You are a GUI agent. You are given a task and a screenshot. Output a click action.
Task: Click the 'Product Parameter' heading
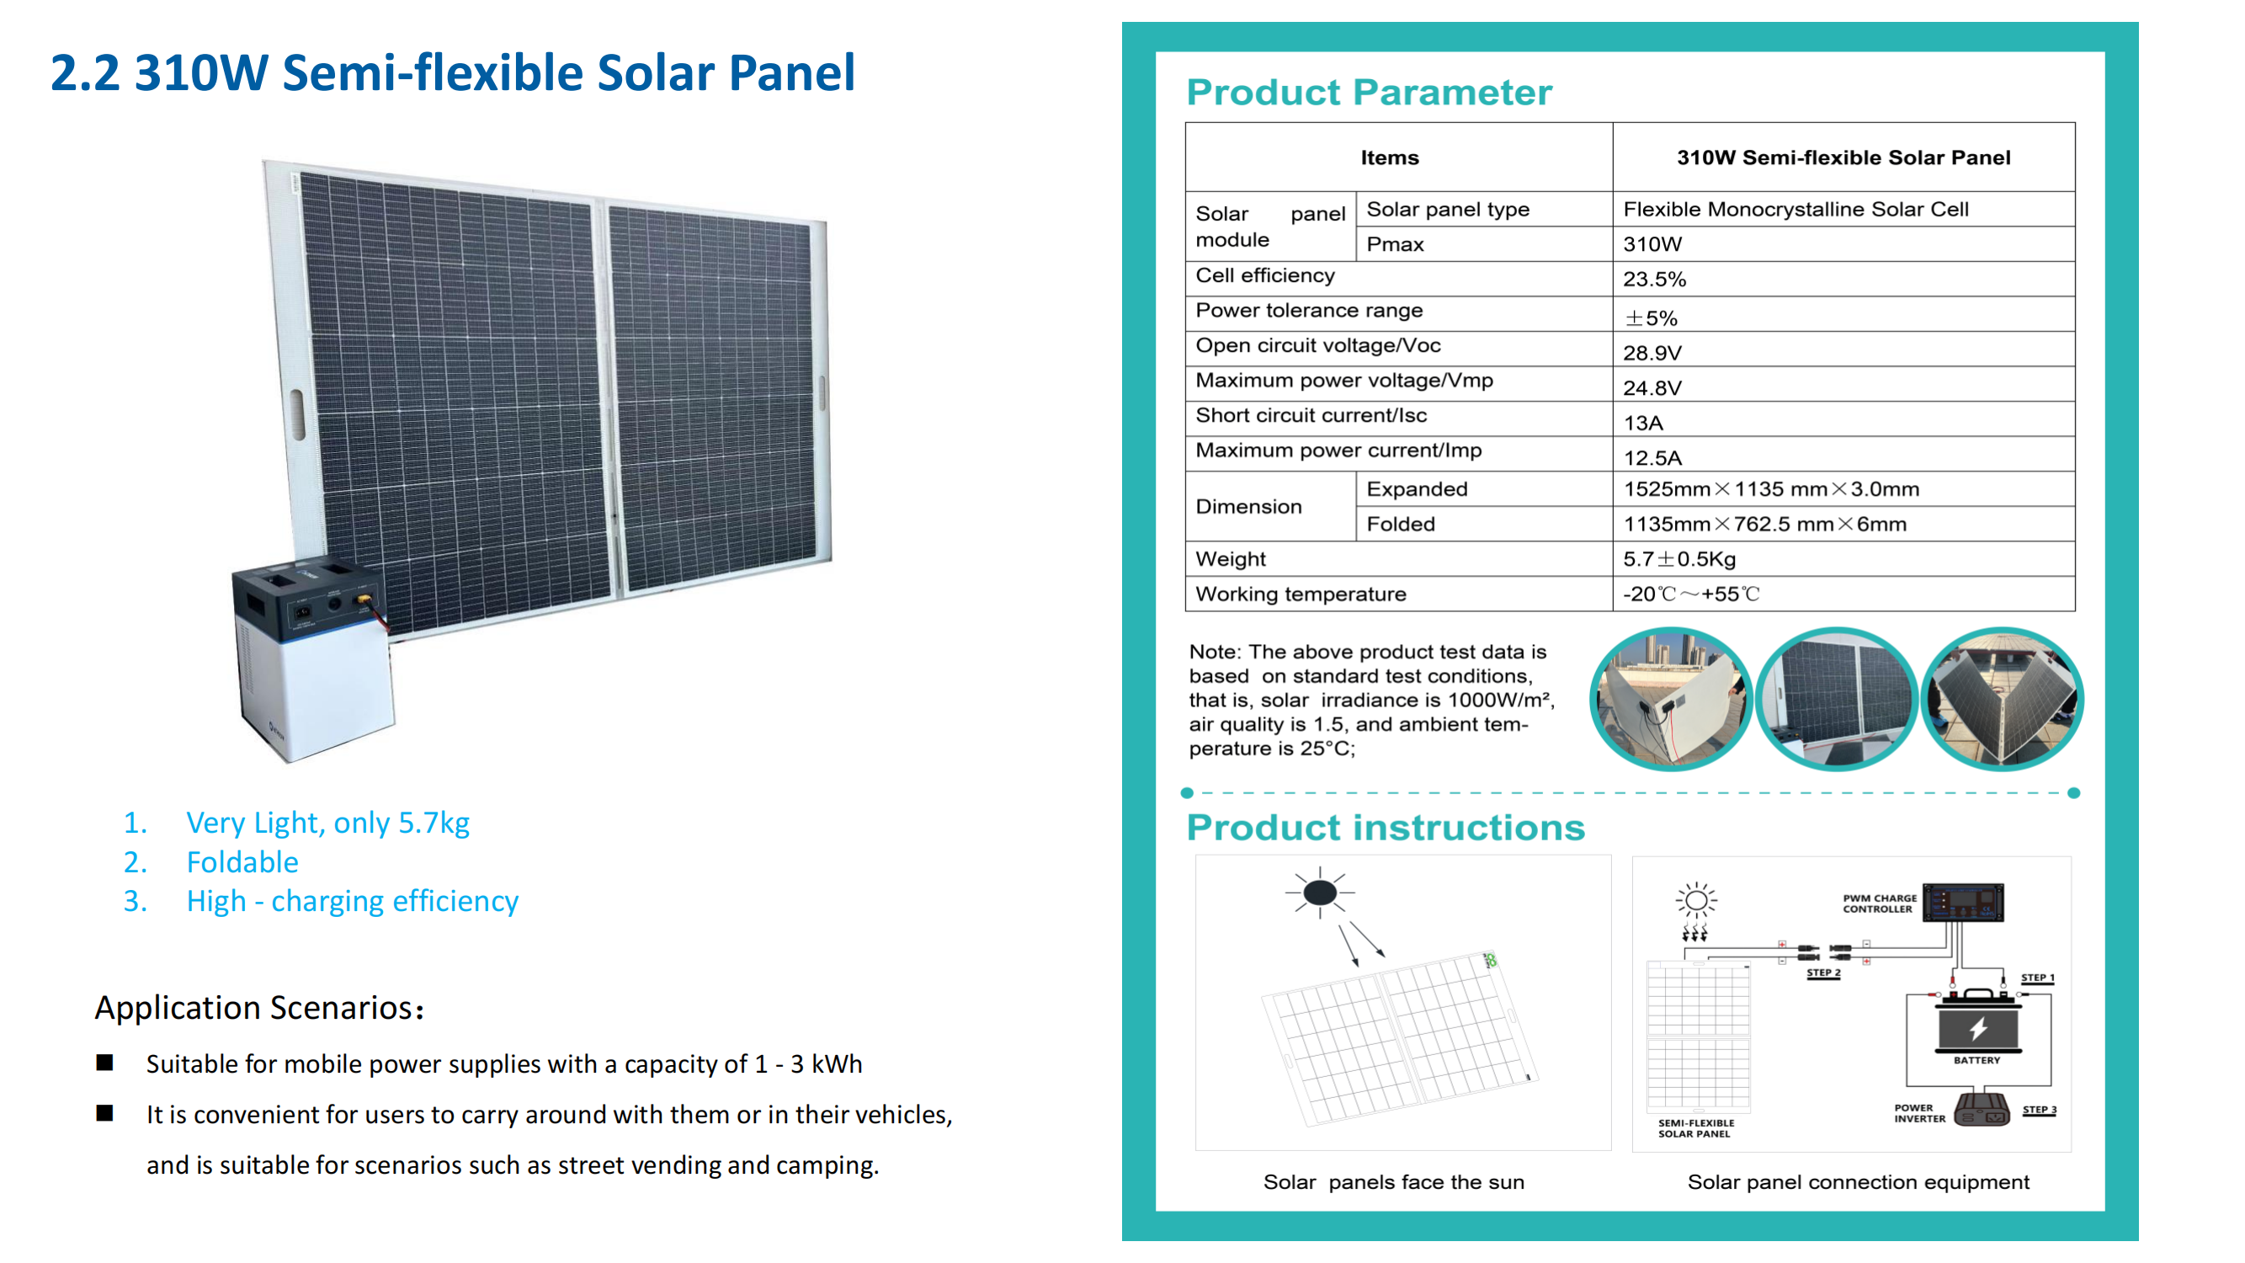tap(1369, 93)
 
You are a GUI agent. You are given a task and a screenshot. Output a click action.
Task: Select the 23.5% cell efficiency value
tap(1654, 280)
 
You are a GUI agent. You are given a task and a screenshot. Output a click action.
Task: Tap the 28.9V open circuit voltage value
tap(1652, 353)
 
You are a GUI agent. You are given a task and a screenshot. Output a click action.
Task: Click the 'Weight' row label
tap(1231, 559)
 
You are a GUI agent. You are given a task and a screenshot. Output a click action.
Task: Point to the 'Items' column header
tap(1390, 157)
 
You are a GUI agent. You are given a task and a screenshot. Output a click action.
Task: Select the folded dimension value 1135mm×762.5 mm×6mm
tap(1765, 524)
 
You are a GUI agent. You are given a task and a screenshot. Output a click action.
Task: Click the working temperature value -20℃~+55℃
tap(1692, 594)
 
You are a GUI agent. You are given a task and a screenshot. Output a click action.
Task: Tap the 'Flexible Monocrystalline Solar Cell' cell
tap(1795, 209)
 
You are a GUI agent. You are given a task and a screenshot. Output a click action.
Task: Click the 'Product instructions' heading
tap(1386, 827)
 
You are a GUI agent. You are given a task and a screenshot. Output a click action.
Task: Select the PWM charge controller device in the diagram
tap(1964, 902)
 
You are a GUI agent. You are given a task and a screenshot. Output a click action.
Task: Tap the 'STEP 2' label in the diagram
tap(1823, 973)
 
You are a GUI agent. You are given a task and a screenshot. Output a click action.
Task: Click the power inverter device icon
tap(1982, 1110)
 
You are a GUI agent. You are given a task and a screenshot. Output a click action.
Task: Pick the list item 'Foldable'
tap(242, 862)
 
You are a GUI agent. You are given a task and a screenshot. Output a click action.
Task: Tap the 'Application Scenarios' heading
tap(258, 1008)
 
